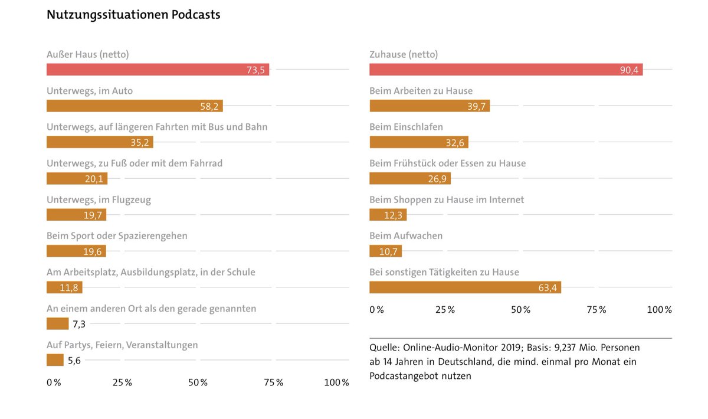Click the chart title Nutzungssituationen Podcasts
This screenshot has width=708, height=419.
pos(133,15)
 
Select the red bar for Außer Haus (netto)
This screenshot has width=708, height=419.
pos(158,70)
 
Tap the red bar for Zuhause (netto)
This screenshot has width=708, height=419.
pos(506,70)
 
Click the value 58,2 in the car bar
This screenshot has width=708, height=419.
pos(209,106)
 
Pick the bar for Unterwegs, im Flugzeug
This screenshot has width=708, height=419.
pos(76,215)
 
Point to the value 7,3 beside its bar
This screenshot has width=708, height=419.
pos(80,324)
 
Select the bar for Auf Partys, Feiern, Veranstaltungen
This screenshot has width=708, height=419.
pos(55,360)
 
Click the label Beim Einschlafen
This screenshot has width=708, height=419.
pos(406,127)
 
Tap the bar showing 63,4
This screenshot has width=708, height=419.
pos(465,287)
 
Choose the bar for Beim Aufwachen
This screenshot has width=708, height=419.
pos(385,251)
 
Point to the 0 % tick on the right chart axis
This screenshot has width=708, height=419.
pos(376,310)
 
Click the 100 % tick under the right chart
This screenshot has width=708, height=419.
pos(659,310)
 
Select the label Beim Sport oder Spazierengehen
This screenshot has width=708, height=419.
pos(117,235)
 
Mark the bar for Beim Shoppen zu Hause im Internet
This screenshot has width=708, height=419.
pos(388,215)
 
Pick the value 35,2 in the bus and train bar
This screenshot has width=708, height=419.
pos(140,142)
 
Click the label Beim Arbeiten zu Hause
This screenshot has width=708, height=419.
pos(421,91)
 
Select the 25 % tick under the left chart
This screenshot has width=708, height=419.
pos(122,382)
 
